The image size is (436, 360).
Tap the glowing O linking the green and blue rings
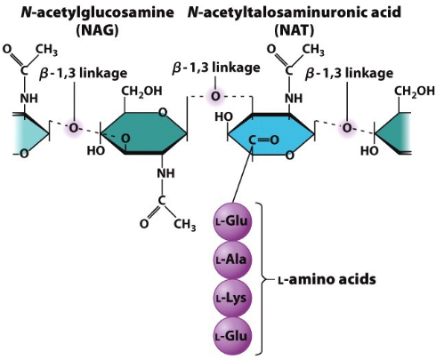coord(214,95)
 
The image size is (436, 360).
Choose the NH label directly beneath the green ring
coord(164,174)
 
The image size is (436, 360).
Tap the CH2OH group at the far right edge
coord(414,92)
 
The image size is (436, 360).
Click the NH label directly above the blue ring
coord(294,99)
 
